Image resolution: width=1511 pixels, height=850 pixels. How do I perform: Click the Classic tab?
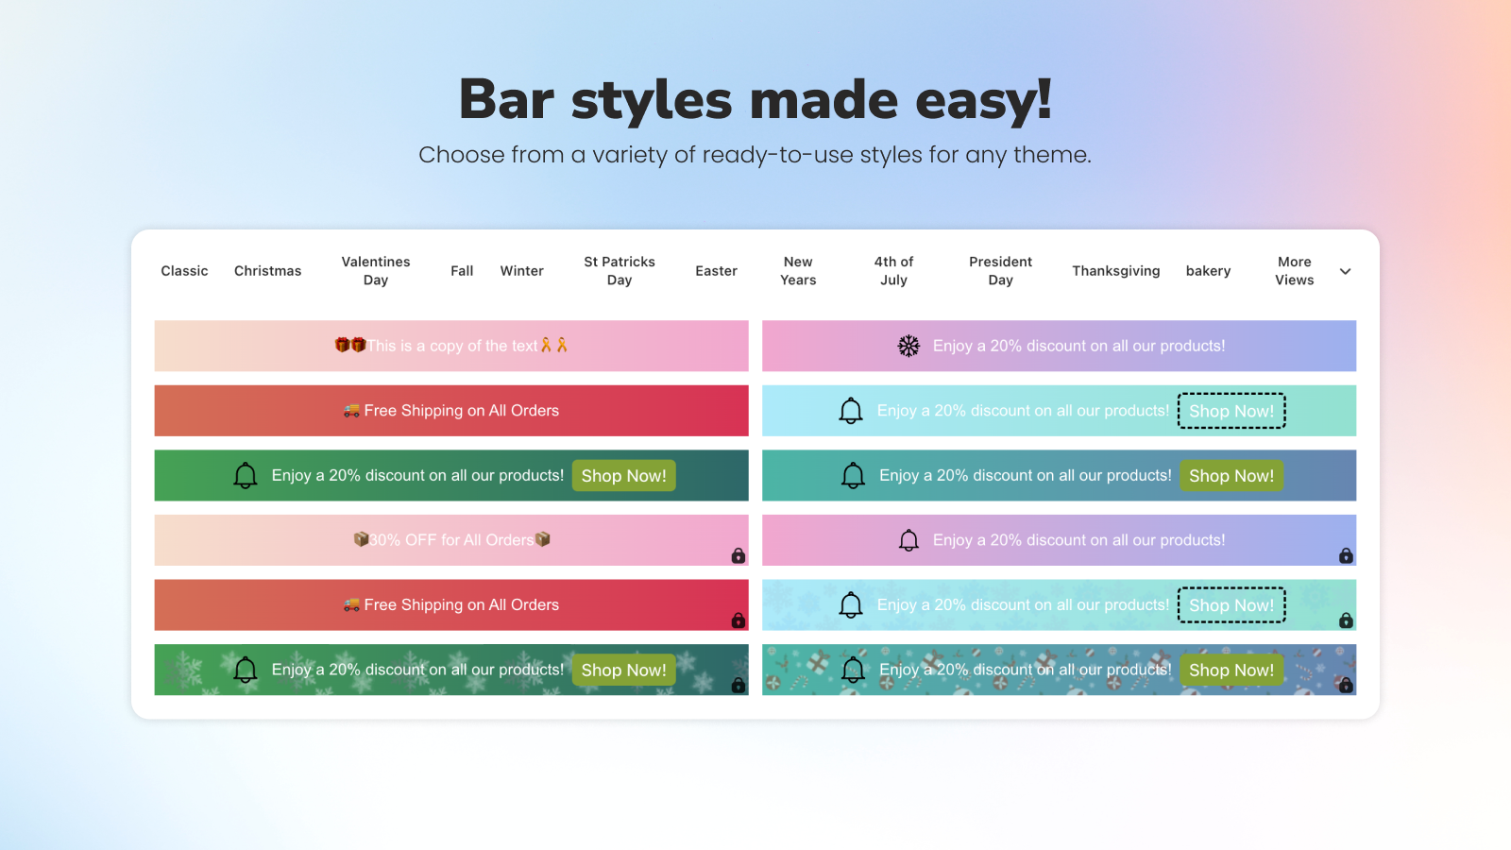184,270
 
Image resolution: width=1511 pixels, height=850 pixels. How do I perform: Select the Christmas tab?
268,270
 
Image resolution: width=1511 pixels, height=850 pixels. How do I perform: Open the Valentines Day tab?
376,270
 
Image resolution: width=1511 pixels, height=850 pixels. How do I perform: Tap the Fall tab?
462,270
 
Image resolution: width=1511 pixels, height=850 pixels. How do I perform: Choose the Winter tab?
521,270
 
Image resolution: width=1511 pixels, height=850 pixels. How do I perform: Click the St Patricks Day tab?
620,270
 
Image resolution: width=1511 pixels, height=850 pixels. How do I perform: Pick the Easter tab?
717,270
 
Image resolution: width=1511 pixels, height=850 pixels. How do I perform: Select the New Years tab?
798,270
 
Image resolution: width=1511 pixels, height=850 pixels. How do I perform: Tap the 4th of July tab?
893,270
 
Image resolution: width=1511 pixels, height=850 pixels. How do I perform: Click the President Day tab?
1000,270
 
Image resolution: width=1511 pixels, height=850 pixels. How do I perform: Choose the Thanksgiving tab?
1115,270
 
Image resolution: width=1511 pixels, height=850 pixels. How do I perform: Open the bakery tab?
1208,270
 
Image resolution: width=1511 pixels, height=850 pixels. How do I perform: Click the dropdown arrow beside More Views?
1345,271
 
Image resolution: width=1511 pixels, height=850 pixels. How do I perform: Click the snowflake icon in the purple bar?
908,346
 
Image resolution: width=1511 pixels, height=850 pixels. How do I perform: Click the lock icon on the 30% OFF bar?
739,555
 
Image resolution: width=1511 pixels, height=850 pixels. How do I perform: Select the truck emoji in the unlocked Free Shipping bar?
351,411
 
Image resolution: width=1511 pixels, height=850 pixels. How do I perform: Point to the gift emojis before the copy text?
350,346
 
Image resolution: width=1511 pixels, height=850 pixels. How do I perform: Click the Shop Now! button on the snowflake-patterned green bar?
624,670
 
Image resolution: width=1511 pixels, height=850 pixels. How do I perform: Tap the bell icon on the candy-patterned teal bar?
853,670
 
